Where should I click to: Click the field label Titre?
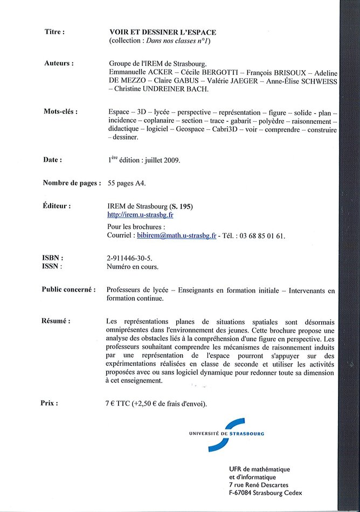pos(54,32)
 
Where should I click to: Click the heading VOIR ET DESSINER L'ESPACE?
pos(162,32)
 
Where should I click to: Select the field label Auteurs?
pos(58,63)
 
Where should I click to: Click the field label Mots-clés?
pos(60,112)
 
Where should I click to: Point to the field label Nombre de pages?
pos(71,183)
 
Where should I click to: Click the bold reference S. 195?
pos(181,206)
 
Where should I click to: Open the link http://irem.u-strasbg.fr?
pos(140,215)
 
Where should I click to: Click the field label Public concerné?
pos(68,289)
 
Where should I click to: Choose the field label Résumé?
pos(56,321)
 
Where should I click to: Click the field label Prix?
pos(49,403)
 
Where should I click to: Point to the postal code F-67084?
pos(245,493)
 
